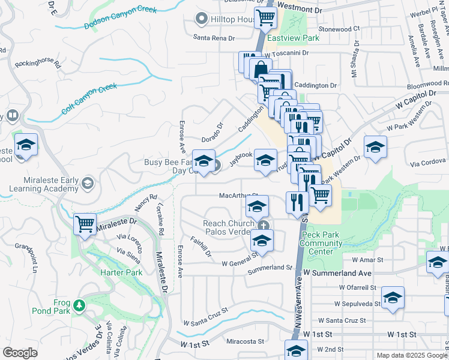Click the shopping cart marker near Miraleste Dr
(85, 225)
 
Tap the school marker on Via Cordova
(375, 147)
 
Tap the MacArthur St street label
(238, 196)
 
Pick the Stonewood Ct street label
(339, 28)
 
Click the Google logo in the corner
(20, 353)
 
